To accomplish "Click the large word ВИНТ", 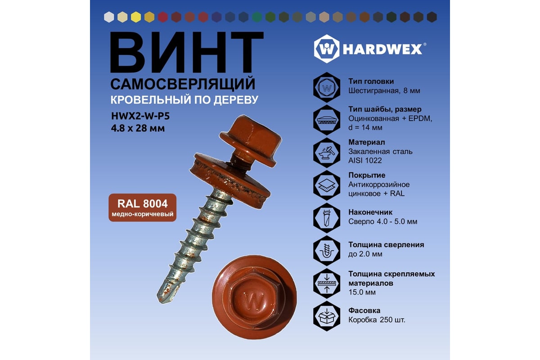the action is point(187,52).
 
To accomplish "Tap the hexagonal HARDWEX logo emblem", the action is point(327,49).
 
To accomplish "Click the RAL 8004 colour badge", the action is point(143,207).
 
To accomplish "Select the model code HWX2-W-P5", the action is point(140,116).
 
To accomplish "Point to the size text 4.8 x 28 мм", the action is point(138,128).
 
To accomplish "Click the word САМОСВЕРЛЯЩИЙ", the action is point(183,84).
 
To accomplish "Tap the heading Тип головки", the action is point(371,81).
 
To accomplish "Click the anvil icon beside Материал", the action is point(327,153).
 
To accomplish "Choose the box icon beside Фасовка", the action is point(327,316).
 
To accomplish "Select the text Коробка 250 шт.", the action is point(377,320).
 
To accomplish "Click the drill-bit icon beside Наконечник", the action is point(327,218).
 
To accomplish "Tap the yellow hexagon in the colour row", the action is point(136,17).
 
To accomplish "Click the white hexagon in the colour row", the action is point(109,17).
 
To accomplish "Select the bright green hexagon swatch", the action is point(257,17).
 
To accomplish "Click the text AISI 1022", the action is point(365,161).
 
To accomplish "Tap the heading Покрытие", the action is point(367,175).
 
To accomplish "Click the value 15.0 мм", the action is point(362,292).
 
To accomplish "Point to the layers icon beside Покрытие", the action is point(327,185).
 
